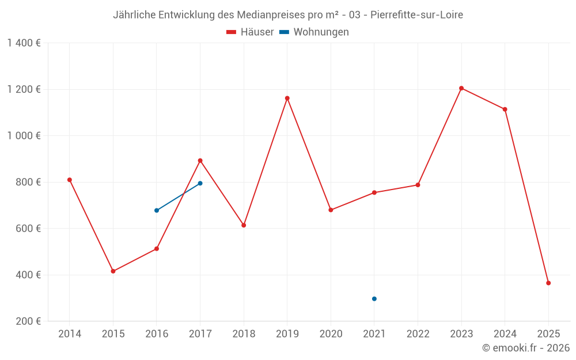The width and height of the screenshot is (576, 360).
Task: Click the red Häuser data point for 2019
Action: [287, 98]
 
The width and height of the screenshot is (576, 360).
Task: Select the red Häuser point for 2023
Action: [461, 88]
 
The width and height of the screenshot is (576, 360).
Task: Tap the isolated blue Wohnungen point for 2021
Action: [374, 299]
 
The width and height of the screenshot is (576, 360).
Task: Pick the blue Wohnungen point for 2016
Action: [157, 210]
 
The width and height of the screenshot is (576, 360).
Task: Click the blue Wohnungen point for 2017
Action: [200, 183]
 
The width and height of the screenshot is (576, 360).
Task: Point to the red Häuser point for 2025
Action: [548, 283]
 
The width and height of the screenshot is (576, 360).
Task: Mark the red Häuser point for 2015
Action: [113, 271]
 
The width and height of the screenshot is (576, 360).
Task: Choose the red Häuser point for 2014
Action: [70, 180]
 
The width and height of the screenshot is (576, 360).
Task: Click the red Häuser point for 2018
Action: [244, 225]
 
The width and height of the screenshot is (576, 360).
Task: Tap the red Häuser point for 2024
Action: [505, 109]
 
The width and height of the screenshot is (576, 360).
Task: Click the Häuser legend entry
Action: [250, 32]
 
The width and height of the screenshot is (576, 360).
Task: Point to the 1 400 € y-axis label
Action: [24, 43]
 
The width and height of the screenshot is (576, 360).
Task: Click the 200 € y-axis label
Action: [27, 321]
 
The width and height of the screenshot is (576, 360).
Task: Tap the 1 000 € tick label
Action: [24, 136]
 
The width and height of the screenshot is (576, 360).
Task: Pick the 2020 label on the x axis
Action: [331, 334]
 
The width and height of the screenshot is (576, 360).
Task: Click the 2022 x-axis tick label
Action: [418, 334]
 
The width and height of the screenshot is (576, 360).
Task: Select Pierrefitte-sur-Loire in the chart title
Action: [417, 14]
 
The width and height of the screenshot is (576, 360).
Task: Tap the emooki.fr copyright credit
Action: [526, 348]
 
